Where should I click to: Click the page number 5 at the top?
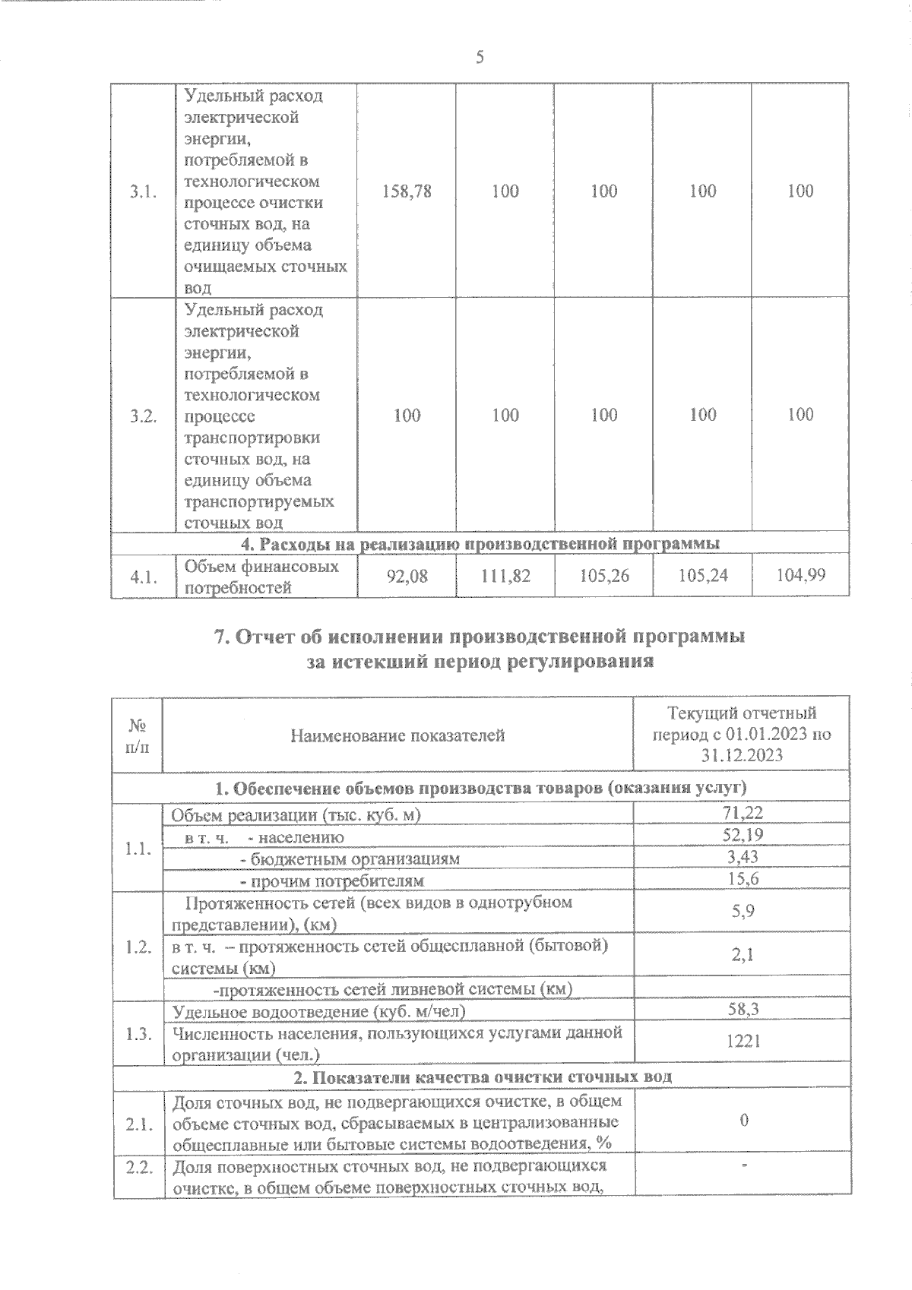[480, 57]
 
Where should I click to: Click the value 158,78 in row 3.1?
[407, 191]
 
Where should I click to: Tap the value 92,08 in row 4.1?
[407, 577]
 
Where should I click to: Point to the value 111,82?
[505, 577]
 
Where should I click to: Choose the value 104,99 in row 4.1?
[800, 575]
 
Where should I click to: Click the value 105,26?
[603, 577]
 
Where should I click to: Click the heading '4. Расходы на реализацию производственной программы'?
[480, 543]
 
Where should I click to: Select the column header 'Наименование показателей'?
[397, 735]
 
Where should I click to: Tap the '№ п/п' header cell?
[137, 735]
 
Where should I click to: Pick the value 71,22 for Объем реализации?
[743, 813]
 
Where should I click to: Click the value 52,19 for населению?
[743, 835]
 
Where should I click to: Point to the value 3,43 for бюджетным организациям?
[743, 857]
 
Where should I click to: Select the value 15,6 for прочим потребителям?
[743, 879]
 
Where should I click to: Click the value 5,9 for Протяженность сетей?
[743, 911]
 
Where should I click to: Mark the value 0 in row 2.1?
[744, 1121]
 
